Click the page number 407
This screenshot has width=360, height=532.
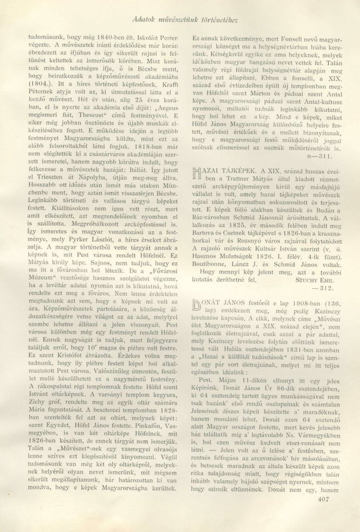click(x=324, y=514)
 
